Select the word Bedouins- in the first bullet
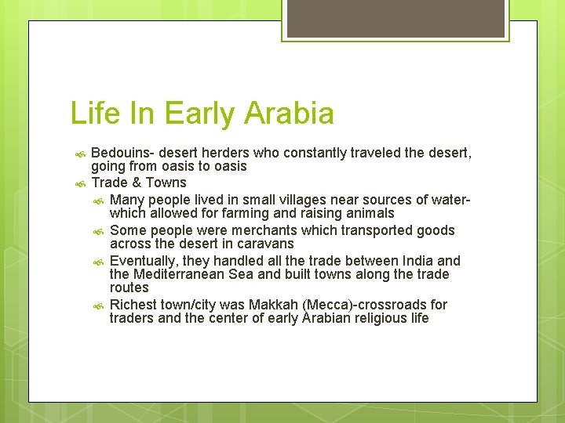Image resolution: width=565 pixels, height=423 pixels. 122,153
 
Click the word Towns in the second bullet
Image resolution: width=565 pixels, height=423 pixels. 166,183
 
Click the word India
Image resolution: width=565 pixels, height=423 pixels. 418,261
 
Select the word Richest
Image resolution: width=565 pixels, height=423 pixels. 133,305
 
